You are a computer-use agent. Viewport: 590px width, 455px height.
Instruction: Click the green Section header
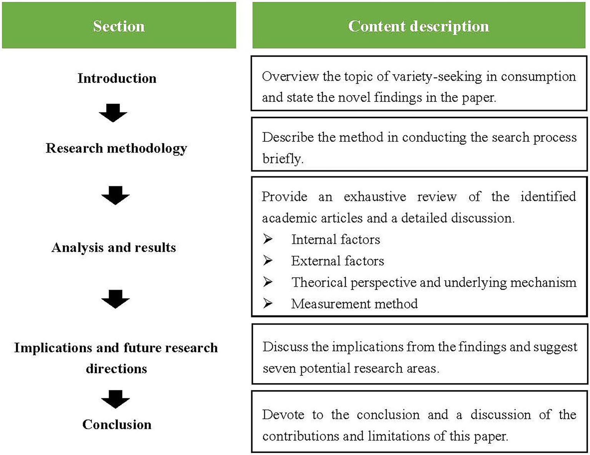pos(119,25)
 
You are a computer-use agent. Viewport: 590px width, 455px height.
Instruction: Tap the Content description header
pos(419,25)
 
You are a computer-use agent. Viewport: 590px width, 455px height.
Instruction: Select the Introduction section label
pos(117,78)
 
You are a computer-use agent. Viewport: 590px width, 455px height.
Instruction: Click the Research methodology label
pos(116,148)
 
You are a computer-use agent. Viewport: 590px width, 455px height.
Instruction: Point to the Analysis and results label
pos(114,247)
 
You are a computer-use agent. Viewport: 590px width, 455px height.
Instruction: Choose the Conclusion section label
pos(117,424)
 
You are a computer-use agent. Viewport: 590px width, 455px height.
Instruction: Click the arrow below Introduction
pos(113,113)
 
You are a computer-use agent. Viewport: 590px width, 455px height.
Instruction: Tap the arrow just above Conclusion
pos(115,399)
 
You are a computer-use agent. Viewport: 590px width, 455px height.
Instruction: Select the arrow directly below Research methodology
pos(115,195)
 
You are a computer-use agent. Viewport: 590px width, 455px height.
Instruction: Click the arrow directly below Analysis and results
pos(115,299)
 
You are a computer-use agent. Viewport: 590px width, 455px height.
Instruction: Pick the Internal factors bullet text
pos(336,239)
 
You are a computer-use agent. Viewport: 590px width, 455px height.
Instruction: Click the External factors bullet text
pos(337,261)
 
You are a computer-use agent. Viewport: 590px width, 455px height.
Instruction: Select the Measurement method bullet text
pos(354,304)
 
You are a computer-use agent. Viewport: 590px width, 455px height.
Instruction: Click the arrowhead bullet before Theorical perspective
pos(268,282)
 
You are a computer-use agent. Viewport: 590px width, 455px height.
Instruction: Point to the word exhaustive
pos(375,197)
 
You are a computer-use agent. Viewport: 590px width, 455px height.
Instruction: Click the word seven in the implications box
pos(279,369)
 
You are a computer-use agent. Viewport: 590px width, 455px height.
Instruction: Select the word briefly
pos(283,159)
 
